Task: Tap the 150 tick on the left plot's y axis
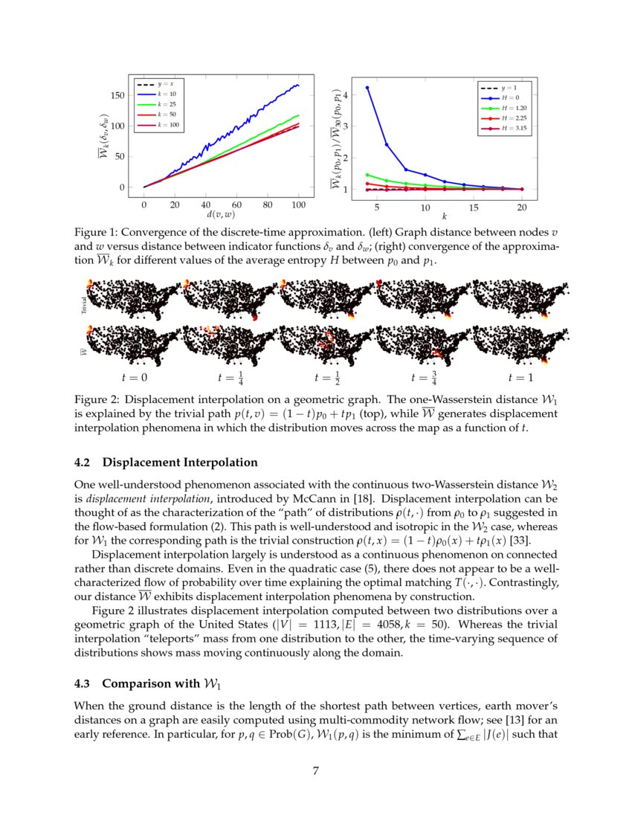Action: pyautogui.click(x=117, y=95)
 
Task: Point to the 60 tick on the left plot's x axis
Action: pyautogui.click(x=236, y=204)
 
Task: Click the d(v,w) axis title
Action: pyautogui.click(x=221, y=215)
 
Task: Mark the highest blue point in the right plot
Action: pyautogui.click(x=367, y=88)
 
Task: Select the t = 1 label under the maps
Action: pyautogui.click(x=520, y=378)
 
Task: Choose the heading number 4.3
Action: pyautogui.click(x=84, y=683)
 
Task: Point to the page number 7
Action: pyautogui.click(x=316, y=771)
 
